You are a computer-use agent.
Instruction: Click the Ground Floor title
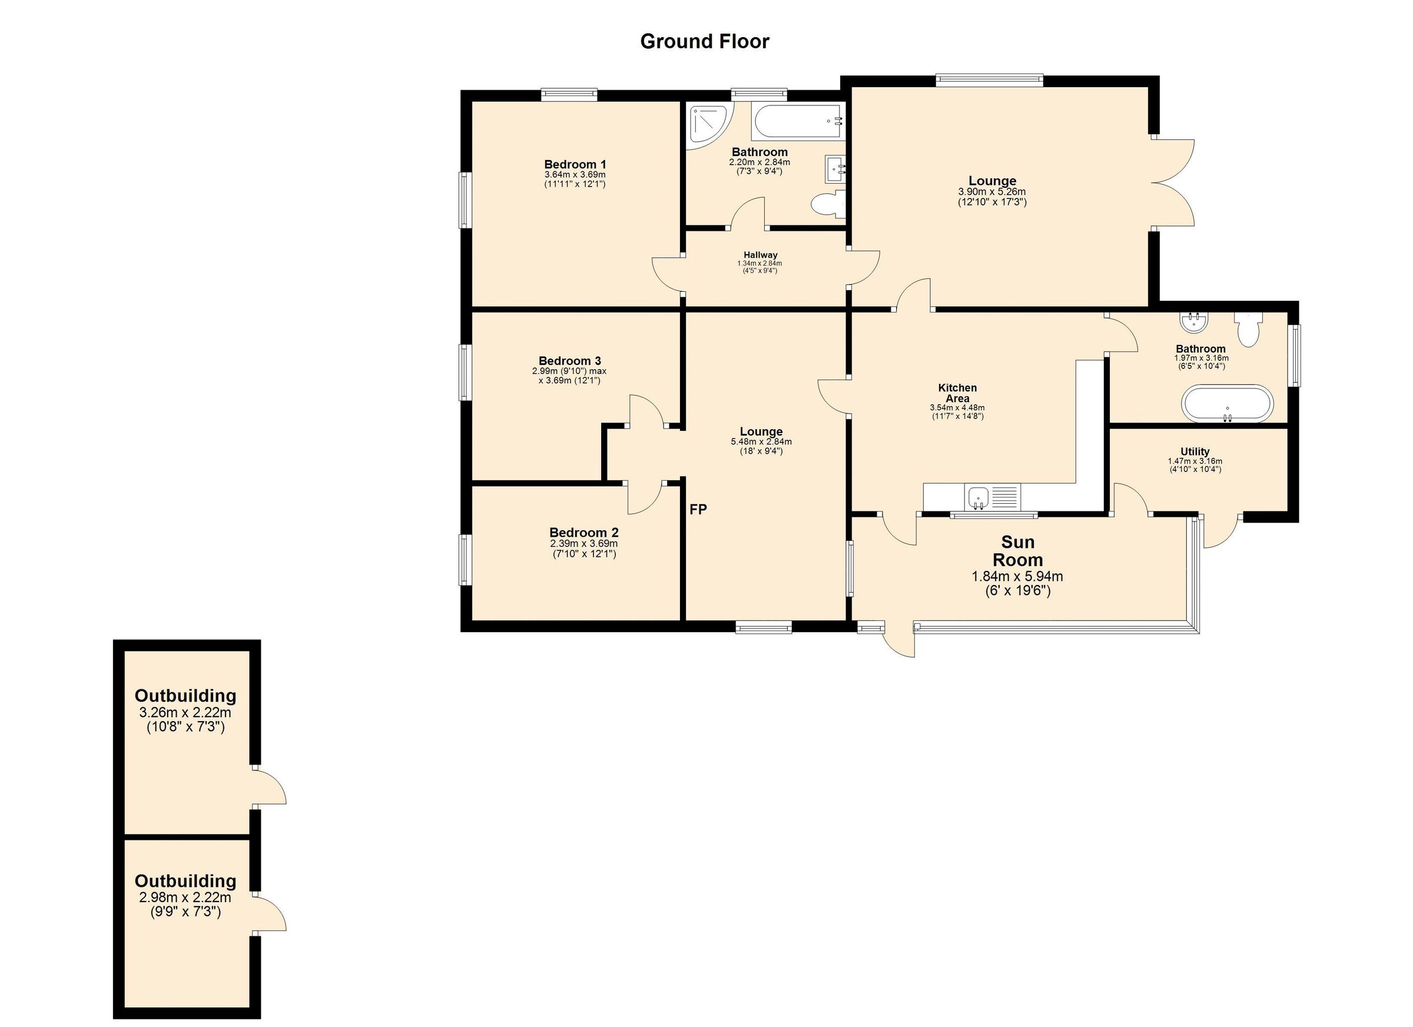tap(705, 41)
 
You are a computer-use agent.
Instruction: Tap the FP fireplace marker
tap(698, 510)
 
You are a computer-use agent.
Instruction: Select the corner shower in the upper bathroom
tap(708, 126)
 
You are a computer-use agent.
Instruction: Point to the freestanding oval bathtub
tap(1227, 404)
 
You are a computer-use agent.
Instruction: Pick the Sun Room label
tap(1017, 550)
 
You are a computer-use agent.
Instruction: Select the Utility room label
tap(1195, 451)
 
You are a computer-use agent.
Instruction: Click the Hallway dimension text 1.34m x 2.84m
tap(759, 264)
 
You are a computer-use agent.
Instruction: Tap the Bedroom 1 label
tap(575, 164)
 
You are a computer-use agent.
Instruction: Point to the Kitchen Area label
tap(957, 393)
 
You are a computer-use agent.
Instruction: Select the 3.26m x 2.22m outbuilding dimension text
tap(185, 713)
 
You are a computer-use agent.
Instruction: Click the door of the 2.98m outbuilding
tap(270, 913)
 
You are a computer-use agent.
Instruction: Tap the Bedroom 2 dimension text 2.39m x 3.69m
tap(584, 544)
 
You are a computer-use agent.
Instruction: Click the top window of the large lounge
tap(989, 79)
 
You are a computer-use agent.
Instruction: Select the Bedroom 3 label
tap(569, 361)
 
